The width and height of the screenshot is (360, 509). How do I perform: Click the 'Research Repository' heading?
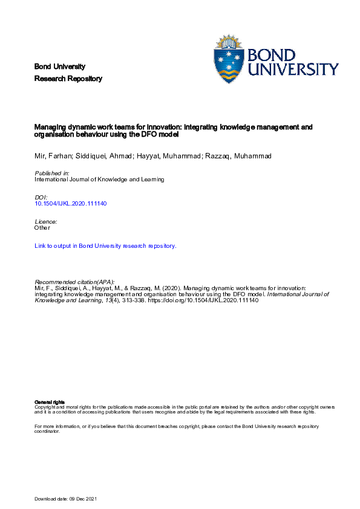pyautogui.click(x=68, y=79)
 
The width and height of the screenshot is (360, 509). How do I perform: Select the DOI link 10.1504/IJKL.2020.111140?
pyautogui.click(x=71, y=204)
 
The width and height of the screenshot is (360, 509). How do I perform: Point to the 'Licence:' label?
pyautogui.click(x=47, y=222)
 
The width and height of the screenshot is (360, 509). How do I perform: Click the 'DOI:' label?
pyautogui.click(x=41, y=198)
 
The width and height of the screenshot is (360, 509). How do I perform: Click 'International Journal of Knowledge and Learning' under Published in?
pyautogui.click(x=100, y=180)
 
